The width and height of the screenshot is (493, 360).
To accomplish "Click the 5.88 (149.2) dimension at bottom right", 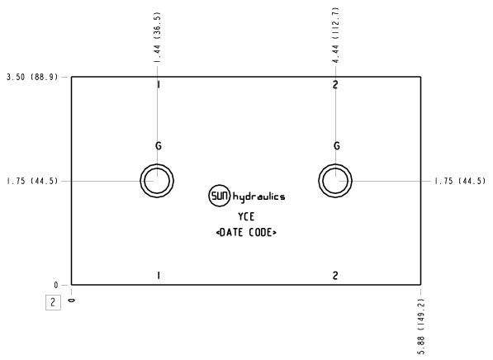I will tap(423, 323).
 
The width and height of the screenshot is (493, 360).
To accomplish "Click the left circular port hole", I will tap(157, 180).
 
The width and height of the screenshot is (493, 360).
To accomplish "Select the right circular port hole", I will tap(336, 180).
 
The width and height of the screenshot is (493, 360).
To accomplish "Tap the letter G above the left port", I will tap(158, 146).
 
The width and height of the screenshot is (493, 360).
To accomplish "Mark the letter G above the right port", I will tap(336, 146).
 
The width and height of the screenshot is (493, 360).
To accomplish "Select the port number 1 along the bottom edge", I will tap(158, 275).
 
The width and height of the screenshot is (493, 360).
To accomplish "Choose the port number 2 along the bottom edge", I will tap(336, 275).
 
